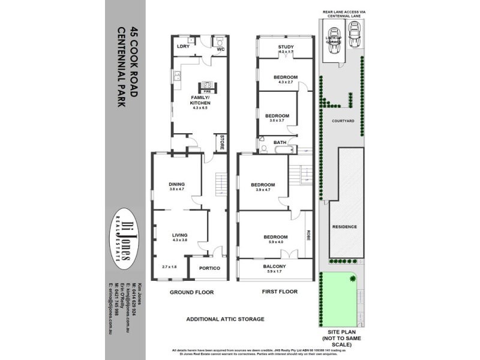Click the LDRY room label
pyautogui.click(x=183, y=47)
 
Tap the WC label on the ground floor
pyautogui.click(x=220, y=49)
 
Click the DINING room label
pyautogui.click(x=176, y=184)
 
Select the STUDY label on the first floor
pyautogui.click(x=285, y=47)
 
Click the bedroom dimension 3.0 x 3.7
pyautogui.click(x=277, y=121)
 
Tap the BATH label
pyautogui.click(x=280, y=142)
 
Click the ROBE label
pyautogui.click(x=308, y=235)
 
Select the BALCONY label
pyautogui.click(x=275, y=266)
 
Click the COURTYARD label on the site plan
pyautogui.click(x=343, y=121)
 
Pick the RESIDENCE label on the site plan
pyautogui.click(x=344, y=227)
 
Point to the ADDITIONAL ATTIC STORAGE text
pyautogui.click(x=225, y=319)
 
